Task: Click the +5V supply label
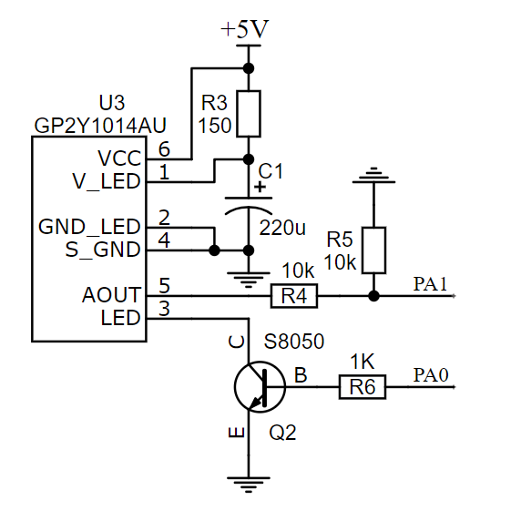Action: tap(245, 29)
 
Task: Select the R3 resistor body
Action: tap(249, 114)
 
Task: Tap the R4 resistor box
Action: tap(294, 296)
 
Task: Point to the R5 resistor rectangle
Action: tap(373, 250)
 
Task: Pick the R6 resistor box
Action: tap(363, 387)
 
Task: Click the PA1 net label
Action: tap(430, 284)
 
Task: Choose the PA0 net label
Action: tap(431, 375)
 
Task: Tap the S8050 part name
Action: tap(294, 341)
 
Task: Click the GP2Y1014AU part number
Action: tap(100, 126)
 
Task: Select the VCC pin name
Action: tap(119, 158)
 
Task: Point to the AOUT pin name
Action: tap(111, 294)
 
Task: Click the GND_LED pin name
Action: tap(89, 227)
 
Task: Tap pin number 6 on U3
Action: tap(164, 149)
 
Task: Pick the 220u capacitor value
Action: tap(282, 228)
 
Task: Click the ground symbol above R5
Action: tap(373, 176)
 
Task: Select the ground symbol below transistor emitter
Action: tap(249, 485)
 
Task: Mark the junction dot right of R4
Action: tap(373, 296)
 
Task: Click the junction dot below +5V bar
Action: tap(249, 68)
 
